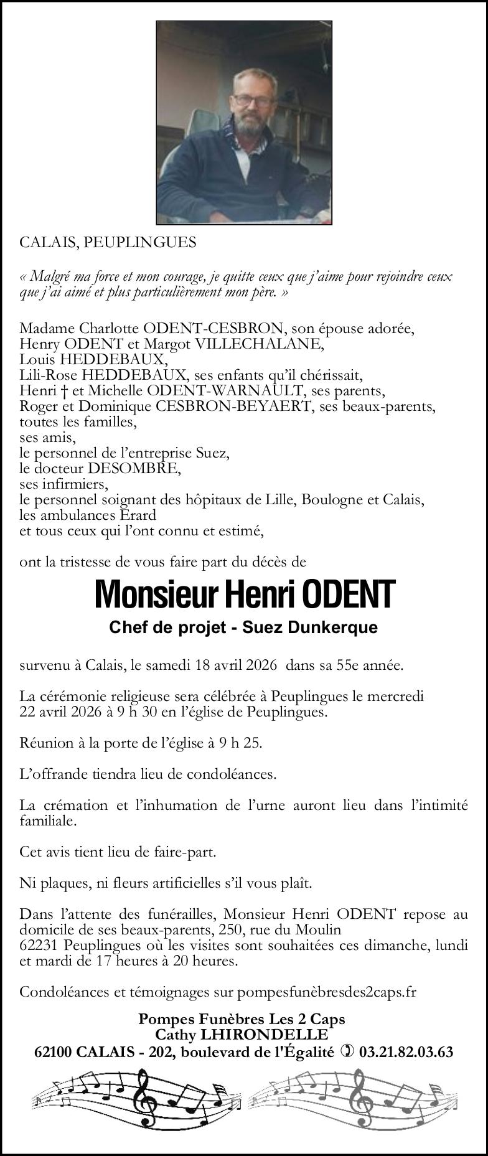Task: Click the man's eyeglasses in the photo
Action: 251,100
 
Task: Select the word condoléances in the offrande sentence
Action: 237,774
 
